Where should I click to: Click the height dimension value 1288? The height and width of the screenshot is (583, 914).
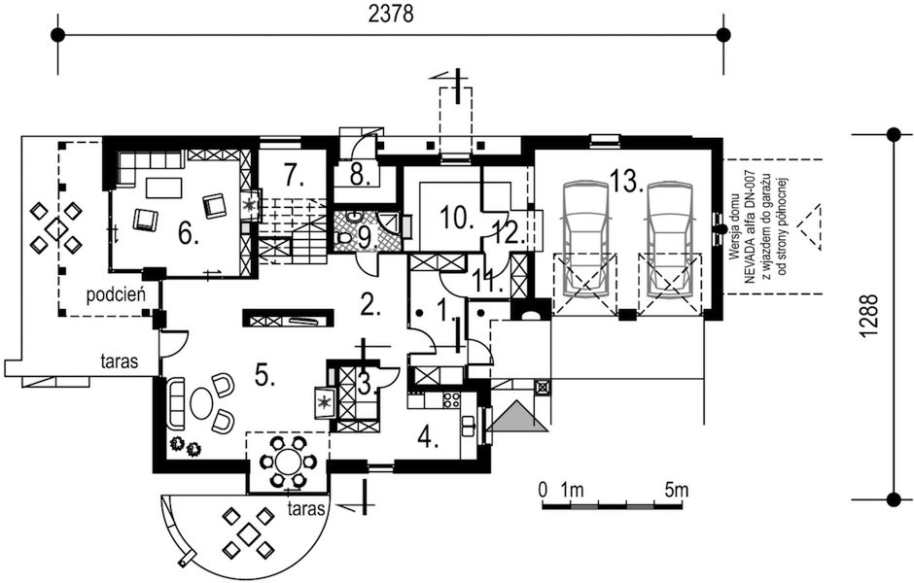point(870,317)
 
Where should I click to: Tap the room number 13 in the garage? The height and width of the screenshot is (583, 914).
point(626,180)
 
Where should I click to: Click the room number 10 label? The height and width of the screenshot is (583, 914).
point(456,217)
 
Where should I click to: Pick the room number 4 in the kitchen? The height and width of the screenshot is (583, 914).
point(430,434)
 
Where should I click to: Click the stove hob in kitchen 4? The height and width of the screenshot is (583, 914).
point(451,398)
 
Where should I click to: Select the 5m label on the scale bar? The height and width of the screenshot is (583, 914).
point(676,489)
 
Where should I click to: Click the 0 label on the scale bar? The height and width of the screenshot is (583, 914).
point(543,489)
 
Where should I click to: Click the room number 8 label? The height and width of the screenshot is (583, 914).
point(358,176)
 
